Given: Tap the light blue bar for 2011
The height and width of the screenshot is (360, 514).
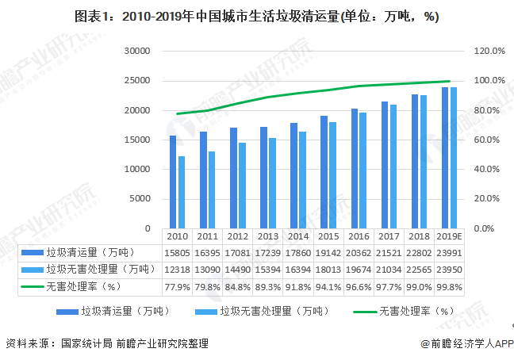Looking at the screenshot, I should [212, 190].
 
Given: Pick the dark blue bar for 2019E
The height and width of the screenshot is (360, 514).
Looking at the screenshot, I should [445, 157].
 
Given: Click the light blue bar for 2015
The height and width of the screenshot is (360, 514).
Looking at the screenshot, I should [333, 174].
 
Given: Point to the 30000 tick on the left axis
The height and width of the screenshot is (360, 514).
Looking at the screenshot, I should [136, 51].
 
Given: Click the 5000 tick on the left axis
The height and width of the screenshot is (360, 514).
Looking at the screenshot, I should [140, 199].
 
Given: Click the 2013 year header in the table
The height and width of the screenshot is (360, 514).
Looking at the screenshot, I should [267, 236].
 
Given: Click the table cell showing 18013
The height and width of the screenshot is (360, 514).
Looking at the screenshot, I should [328, 270].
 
